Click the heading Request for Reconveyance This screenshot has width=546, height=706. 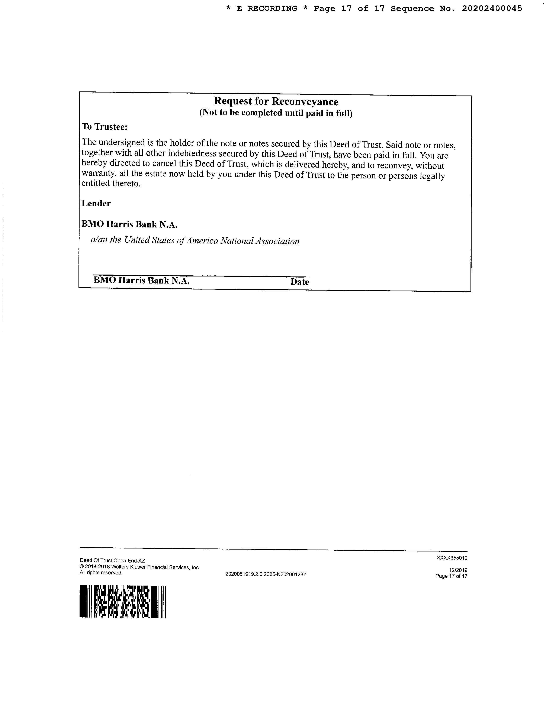click(276, 101)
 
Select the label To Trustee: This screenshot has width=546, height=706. click(105, 127)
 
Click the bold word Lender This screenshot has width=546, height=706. click(96, 203)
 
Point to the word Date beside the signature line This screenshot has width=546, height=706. click(299, 282)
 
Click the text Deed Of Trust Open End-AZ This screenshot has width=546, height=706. click(112, 561)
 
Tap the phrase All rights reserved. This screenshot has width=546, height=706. click(101, 573)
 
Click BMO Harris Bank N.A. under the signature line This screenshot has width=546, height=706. click(141, 280)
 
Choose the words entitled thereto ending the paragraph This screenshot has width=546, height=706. click(111, 184)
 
